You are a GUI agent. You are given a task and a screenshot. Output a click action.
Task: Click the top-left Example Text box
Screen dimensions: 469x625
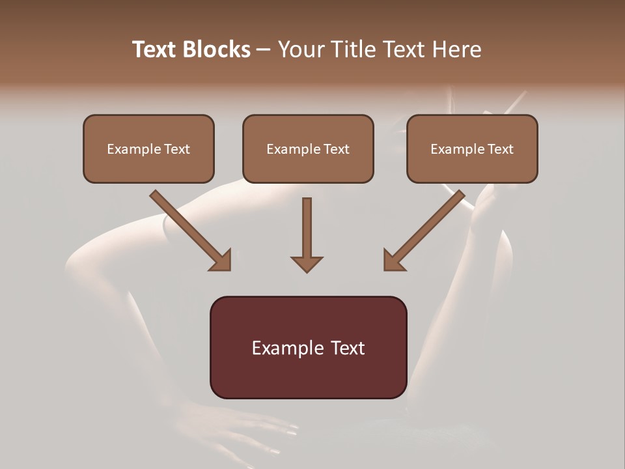pyautogui.click(x=148, y=149)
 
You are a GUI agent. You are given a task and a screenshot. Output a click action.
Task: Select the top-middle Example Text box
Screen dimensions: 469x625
pyautogui.click(x=308, y=149)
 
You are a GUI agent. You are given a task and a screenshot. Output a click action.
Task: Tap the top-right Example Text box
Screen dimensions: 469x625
pyautogui.click(x=472, y=149)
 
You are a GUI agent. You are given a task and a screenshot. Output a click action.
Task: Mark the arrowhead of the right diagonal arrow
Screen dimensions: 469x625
pyautogui.click(x=394, y=261)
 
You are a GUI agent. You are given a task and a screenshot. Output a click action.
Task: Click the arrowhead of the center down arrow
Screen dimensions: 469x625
pyautogui.click(x=307, y=263)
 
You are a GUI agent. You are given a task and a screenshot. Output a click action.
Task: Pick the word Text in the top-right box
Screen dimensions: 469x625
pyautogui.click(x=500, y=149)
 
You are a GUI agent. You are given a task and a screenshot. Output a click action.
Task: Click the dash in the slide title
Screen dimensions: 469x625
pyautogui.click(x=264, y=50)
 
